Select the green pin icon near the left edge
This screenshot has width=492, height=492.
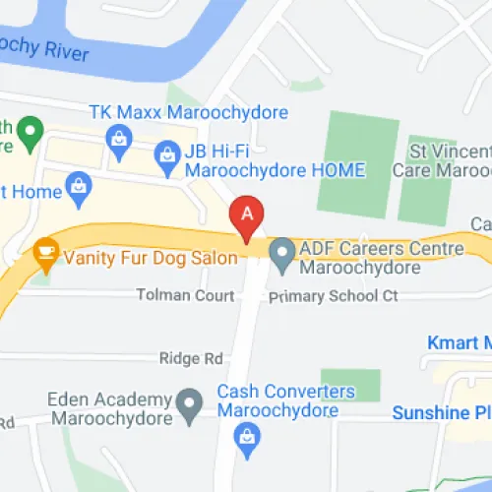(x=31, y=129)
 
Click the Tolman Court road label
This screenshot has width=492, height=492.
(x=184, y=295)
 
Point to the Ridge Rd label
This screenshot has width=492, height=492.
(x=192, y=359)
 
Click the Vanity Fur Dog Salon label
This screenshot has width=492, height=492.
(x=151, y=258)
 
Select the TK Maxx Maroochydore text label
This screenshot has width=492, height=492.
(x=189, y=113)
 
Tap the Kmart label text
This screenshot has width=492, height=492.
(x=458, y=343)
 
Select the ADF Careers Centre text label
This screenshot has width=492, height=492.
(x=368, y=257)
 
